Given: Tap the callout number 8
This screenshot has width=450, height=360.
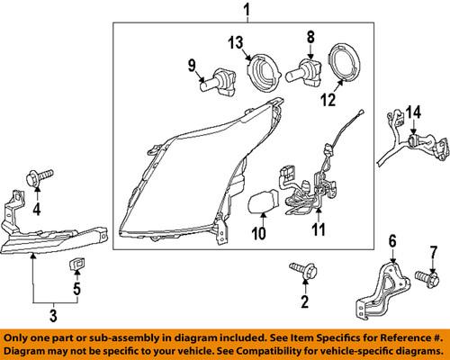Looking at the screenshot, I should (310, 37).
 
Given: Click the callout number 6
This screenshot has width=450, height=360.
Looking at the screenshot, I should (392, 240).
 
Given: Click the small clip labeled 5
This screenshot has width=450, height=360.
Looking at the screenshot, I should (77, 263).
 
